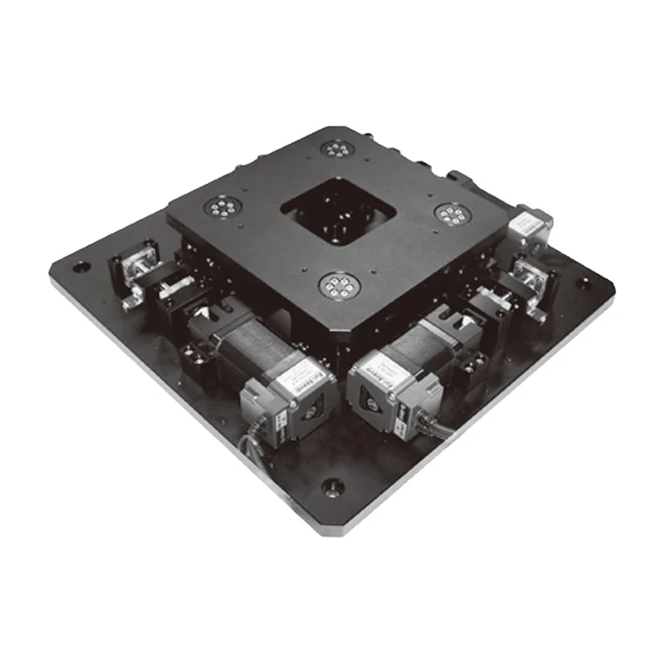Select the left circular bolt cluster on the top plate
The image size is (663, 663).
[218, 208]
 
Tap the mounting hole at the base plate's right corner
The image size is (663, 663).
[586, 283]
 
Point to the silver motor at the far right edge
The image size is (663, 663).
[532, 225]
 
